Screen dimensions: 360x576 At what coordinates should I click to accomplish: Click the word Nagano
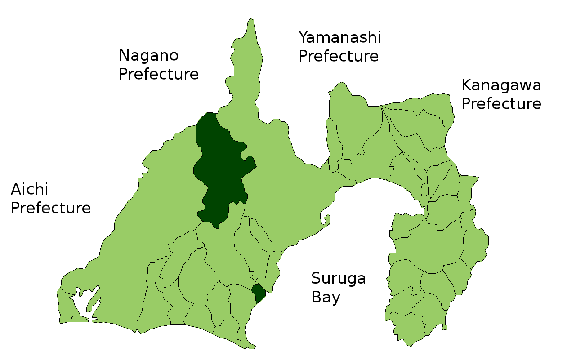tap(149, 56)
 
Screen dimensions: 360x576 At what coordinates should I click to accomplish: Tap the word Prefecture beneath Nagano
tap(159, 74)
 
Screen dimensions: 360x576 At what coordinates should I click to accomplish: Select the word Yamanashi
tap(339, 37)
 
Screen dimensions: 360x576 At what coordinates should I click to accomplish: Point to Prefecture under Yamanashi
tap(339, 56)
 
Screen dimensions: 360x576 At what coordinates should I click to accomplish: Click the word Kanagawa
tap(501, 85)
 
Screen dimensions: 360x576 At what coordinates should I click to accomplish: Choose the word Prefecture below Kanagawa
tap(501, 104)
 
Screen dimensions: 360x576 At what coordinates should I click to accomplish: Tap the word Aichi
tap(29, 190)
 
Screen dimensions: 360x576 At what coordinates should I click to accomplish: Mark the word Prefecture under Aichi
tap(51, 209)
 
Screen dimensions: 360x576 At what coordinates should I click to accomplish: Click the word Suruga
tap(338, 279)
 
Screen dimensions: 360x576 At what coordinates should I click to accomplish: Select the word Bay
tap(326, 298)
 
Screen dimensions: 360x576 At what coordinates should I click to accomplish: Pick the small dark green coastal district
tap(258, 293)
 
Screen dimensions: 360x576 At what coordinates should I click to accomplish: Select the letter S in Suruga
tap(317, 279)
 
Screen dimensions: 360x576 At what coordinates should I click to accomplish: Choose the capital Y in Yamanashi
tap(304, 37)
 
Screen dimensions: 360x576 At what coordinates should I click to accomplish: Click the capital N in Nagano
tap(124, 56)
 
